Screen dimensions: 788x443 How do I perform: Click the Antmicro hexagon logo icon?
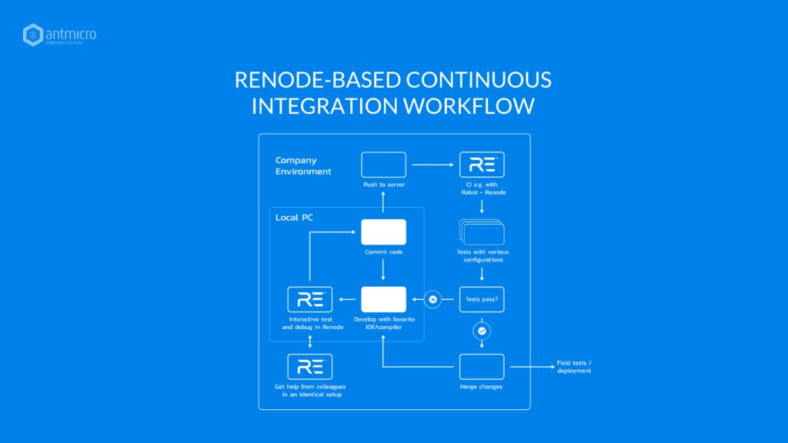pos(32,35)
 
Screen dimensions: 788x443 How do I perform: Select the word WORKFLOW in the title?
pos(469,106)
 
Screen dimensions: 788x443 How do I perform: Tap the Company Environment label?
pos(303,166)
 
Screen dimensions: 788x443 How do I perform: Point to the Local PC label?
pos(294,218)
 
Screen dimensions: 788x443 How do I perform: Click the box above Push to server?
pos(383,165)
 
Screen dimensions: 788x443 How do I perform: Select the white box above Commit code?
pos(383,232)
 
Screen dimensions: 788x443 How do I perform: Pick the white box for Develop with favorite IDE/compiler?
pos(383,299)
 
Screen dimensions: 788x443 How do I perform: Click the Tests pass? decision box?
pos(482,299)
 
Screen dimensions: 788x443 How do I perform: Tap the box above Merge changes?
pos(482,367)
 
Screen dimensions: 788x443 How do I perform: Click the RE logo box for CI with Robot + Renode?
pos(482,165)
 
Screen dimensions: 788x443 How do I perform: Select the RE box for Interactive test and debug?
pos(309,299)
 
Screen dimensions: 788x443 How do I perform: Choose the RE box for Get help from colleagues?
pos(309,367)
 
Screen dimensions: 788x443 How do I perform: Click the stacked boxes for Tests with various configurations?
pos(482,232)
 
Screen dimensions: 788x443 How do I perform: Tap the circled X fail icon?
pos(432,299)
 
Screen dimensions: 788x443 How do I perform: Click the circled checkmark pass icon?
pos(482,331)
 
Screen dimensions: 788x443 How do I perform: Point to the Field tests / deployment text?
pos(574,367)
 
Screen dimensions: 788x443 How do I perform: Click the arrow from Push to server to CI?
pos(432,165)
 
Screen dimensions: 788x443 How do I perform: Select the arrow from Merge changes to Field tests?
pos(533,367)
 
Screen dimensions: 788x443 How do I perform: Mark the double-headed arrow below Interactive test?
pos(310,341)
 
